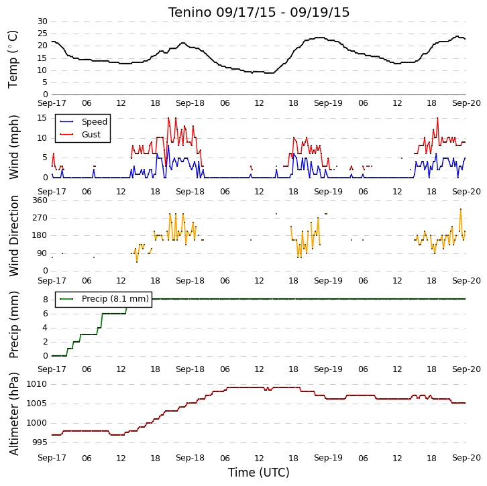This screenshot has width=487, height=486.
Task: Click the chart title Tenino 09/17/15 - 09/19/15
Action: click(259, 13)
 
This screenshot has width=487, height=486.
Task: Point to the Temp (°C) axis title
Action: click(13, 59)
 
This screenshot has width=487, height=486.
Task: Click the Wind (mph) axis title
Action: click(13, 147)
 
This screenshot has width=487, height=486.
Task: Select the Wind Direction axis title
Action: click(13, 236)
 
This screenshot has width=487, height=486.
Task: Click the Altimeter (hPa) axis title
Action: click(13, 414)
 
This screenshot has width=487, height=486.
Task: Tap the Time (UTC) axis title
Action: click(259, 473)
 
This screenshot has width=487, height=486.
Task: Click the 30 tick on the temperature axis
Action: click(42, 21)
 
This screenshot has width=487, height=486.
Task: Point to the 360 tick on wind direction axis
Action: click(40, 200)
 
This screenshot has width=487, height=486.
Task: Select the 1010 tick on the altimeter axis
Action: click(37, 384)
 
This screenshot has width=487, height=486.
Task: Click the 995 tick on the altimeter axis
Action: click(40, 442)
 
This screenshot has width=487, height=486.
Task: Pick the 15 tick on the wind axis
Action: click(42, 118)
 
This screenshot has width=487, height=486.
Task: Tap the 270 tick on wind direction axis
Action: click(40, 218)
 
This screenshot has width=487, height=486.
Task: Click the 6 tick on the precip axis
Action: click(46, 314)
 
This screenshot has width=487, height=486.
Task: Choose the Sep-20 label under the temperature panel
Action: click(466, 103)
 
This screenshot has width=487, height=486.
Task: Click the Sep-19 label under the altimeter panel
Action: click(328, 458)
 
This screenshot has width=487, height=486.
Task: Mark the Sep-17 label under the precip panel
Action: click(52, 369)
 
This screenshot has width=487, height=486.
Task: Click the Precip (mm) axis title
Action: click(13, 324)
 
